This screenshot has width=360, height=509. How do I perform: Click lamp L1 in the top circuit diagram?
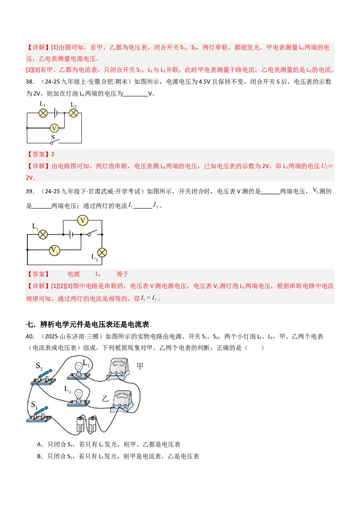[x=43, y=113]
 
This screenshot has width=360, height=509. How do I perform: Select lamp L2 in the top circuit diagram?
[x=73, y=113]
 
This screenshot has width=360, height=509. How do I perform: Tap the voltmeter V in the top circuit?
[x=54, y=128]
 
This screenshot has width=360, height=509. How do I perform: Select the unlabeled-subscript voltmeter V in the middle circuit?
[x=82, y=220]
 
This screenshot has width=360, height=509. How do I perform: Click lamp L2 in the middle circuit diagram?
[x=102, y=252]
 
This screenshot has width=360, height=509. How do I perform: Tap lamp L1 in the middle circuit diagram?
[x=43, y=234]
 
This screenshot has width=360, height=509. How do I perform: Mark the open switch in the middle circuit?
[x=93, y=233]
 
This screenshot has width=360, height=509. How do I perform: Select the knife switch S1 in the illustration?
[x=40, y=414]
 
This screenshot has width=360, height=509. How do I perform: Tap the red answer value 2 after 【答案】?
[x=53, y=154]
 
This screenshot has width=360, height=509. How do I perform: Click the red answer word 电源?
[x=73, y=274]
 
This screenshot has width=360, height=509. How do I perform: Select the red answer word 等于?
[x=122, y=274]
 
